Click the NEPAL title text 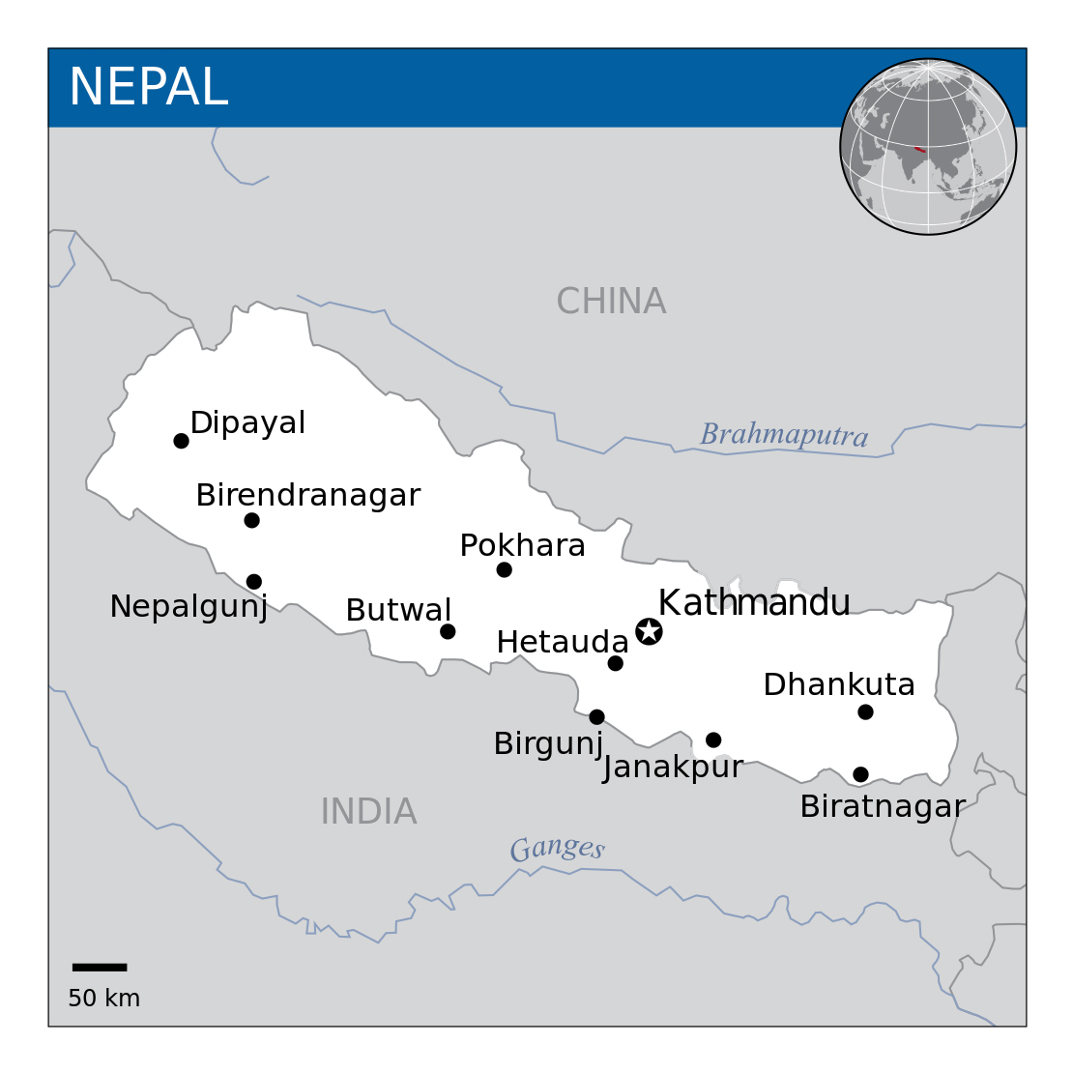pyautogui.click(x=148, y=87)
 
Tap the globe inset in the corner pyautogui.click(x=928, y=146)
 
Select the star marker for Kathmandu pyautogui.click(x=649, y=631)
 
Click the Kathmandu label pyautogui.click(x=754, y=602)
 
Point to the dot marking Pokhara pyautogui.click(x=504, y=569)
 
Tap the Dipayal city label pyautogui.click(x=247, y=422)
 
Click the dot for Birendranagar pyautogui.click(x=251, y=520)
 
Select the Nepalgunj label pyautogui.click(x=188, y=607)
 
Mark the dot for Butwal pyautogui.click(x=448, y=631)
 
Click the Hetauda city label pyautogui.click(x=563, y=642)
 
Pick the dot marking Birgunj pyautogui.click(x=596, y=716)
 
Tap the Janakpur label pyautogui.click(x=673, y=768)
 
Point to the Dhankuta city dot pyautogui.click(x=865, y=711)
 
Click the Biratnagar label pyautogui.click(x=883, y=806)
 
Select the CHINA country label pyautogui.click(x=611, y=302)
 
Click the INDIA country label pyautogui.click(x=368, y=811)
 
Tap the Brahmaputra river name pyautogui.click(x=784, y=435)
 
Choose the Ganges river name pyautogui.click(x=557, y=849)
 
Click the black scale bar pyautogui.click(x=100, y=967)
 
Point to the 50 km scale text pyautogui.click(x=103, y=999)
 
